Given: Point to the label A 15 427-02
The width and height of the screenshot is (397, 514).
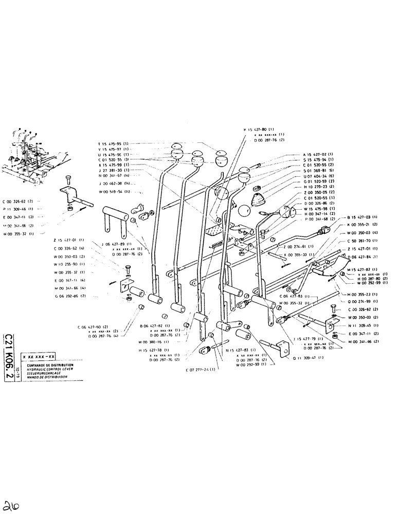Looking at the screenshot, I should pos(318,155).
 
